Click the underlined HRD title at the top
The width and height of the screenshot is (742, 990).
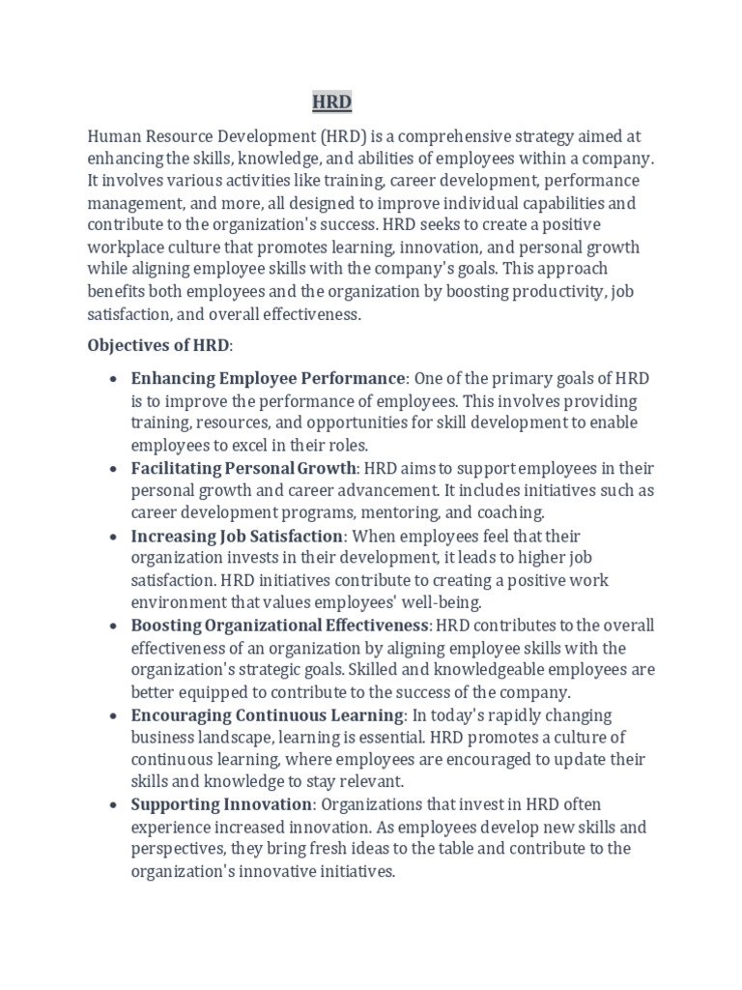point(331,102)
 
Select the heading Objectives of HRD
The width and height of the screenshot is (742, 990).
point(160,345)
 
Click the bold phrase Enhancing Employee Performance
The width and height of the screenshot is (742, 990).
point(269,378)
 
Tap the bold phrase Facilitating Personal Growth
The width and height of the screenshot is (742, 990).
point(244,468)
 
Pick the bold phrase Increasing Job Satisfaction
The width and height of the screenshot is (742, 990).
point(238,536)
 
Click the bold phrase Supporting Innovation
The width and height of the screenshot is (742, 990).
point(222,804)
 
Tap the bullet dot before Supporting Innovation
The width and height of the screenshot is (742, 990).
point(115,805)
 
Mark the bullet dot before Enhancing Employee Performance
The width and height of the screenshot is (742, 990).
point(115,379)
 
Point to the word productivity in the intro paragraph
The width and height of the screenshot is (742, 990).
point(557,291)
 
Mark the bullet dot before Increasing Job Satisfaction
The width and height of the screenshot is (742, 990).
point(115,537)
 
